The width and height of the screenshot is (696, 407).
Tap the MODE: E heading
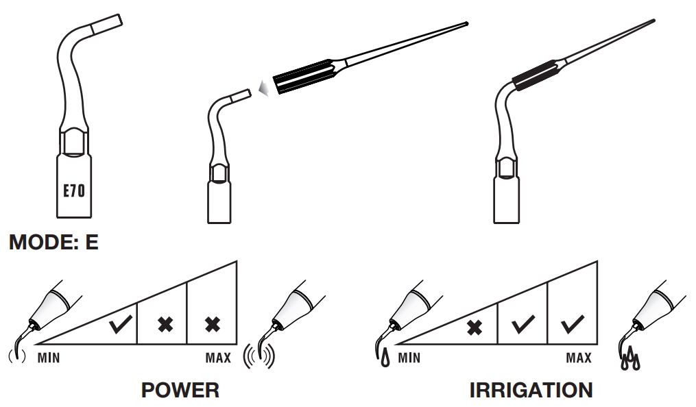53,244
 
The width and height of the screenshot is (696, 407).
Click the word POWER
180,390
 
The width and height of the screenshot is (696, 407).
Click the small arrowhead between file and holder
263,86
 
